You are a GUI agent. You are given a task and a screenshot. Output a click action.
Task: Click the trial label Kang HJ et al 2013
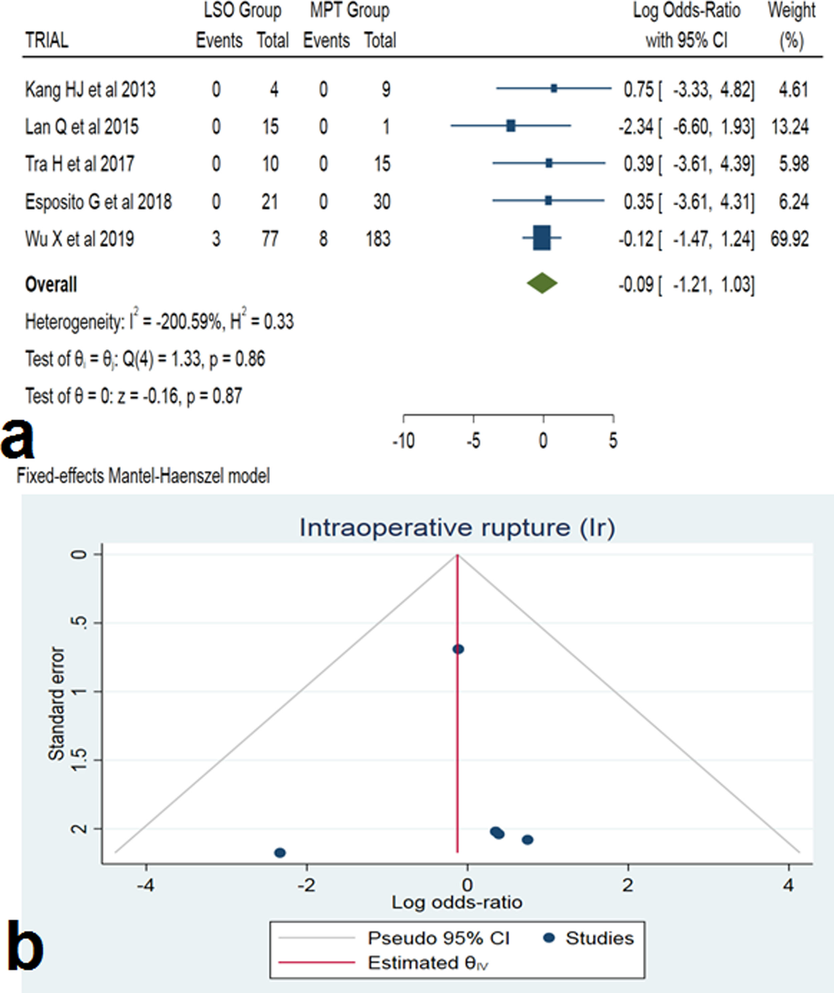coord(90,89)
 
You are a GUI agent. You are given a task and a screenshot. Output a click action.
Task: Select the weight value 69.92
coord(789,239)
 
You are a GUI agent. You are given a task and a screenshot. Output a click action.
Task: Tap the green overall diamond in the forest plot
coord(542,284)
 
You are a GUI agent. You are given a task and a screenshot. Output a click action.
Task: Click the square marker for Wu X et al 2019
coord(542,238)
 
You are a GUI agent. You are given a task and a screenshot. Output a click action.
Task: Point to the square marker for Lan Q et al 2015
coord(511,126)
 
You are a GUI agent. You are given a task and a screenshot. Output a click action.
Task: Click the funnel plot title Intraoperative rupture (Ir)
coord(457,528)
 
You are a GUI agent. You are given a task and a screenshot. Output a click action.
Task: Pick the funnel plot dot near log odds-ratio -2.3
coord(280,853)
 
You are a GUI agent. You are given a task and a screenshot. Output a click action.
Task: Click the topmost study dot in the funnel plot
coord(458,649)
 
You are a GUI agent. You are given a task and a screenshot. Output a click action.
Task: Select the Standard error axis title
coord(57,704)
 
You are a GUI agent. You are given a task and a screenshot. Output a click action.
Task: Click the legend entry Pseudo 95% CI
coord(438,938)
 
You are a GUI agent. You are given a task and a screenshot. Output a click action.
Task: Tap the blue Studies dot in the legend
coord(549,938)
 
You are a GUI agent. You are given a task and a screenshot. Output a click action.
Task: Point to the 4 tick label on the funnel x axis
coord(788,885)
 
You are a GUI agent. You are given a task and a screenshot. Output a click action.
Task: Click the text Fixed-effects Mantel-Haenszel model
coord(143,476)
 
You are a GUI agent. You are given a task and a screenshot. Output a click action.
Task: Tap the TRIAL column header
coord(46,41)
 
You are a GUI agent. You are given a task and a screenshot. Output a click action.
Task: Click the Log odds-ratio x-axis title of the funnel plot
coord(457,903)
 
